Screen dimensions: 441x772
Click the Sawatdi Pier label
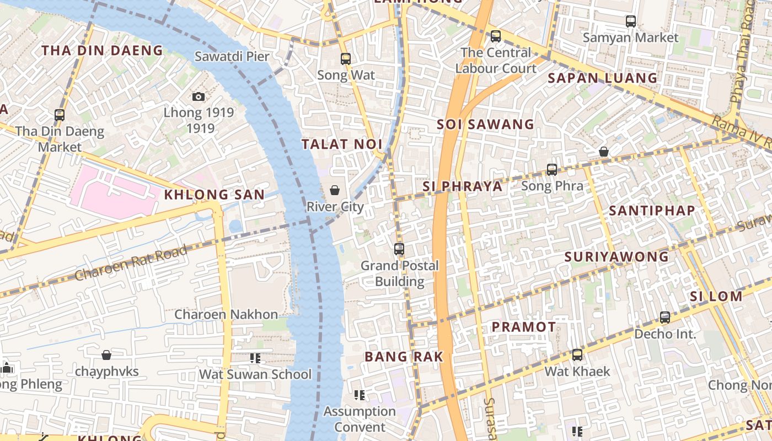(232, 56)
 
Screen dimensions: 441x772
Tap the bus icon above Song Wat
(346, 59)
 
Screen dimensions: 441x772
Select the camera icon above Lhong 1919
(199, 97)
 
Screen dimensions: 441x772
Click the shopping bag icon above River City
(335, 190)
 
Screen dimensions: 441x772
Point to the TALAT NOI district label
(342, 144)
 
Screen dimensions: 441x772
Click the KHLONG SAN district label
(214, 195)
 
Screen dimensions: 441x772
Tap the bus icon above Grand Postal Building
(399, 249)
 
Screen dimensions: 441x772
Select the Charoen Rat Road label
(131, 263)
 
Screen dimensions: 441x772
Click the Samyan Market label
(630, 37)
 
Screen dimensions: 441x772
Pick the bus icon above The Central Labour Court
(496, 36)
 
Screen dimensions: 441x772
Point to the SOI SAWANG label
(485, 125)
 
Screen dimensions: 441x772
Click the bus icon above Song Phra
(552, 170)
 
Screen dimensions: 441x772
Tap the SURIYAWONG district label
(616, 257)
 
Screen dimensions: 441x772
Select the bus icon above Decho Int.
(665, 318)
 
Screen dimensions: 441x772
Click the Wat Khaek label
(577, 372)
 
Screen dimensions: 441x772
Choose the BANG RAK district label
(404, 357)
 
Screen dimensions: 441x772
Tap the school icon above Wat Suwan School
(255, 358)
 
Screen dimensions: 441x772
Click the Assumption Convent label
(360, 419)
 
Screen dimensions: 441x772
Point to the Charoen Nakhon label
(226, 315)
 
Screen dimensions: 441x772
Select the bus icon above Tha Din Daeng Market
(60, 115)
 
